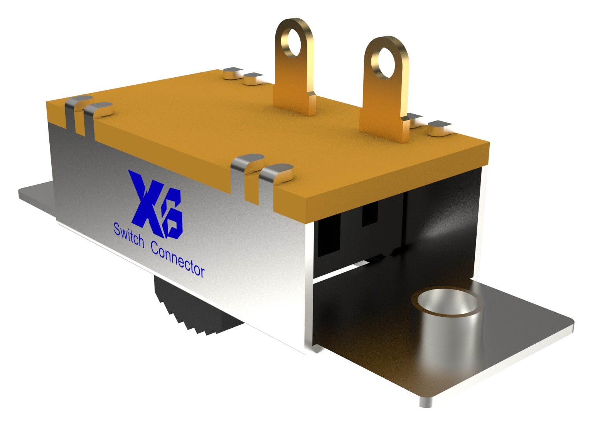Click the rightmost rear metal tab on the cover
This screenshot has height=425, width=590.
coord(440,127)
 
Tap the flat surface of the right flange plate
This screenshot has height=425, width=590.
coord(513,339)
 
